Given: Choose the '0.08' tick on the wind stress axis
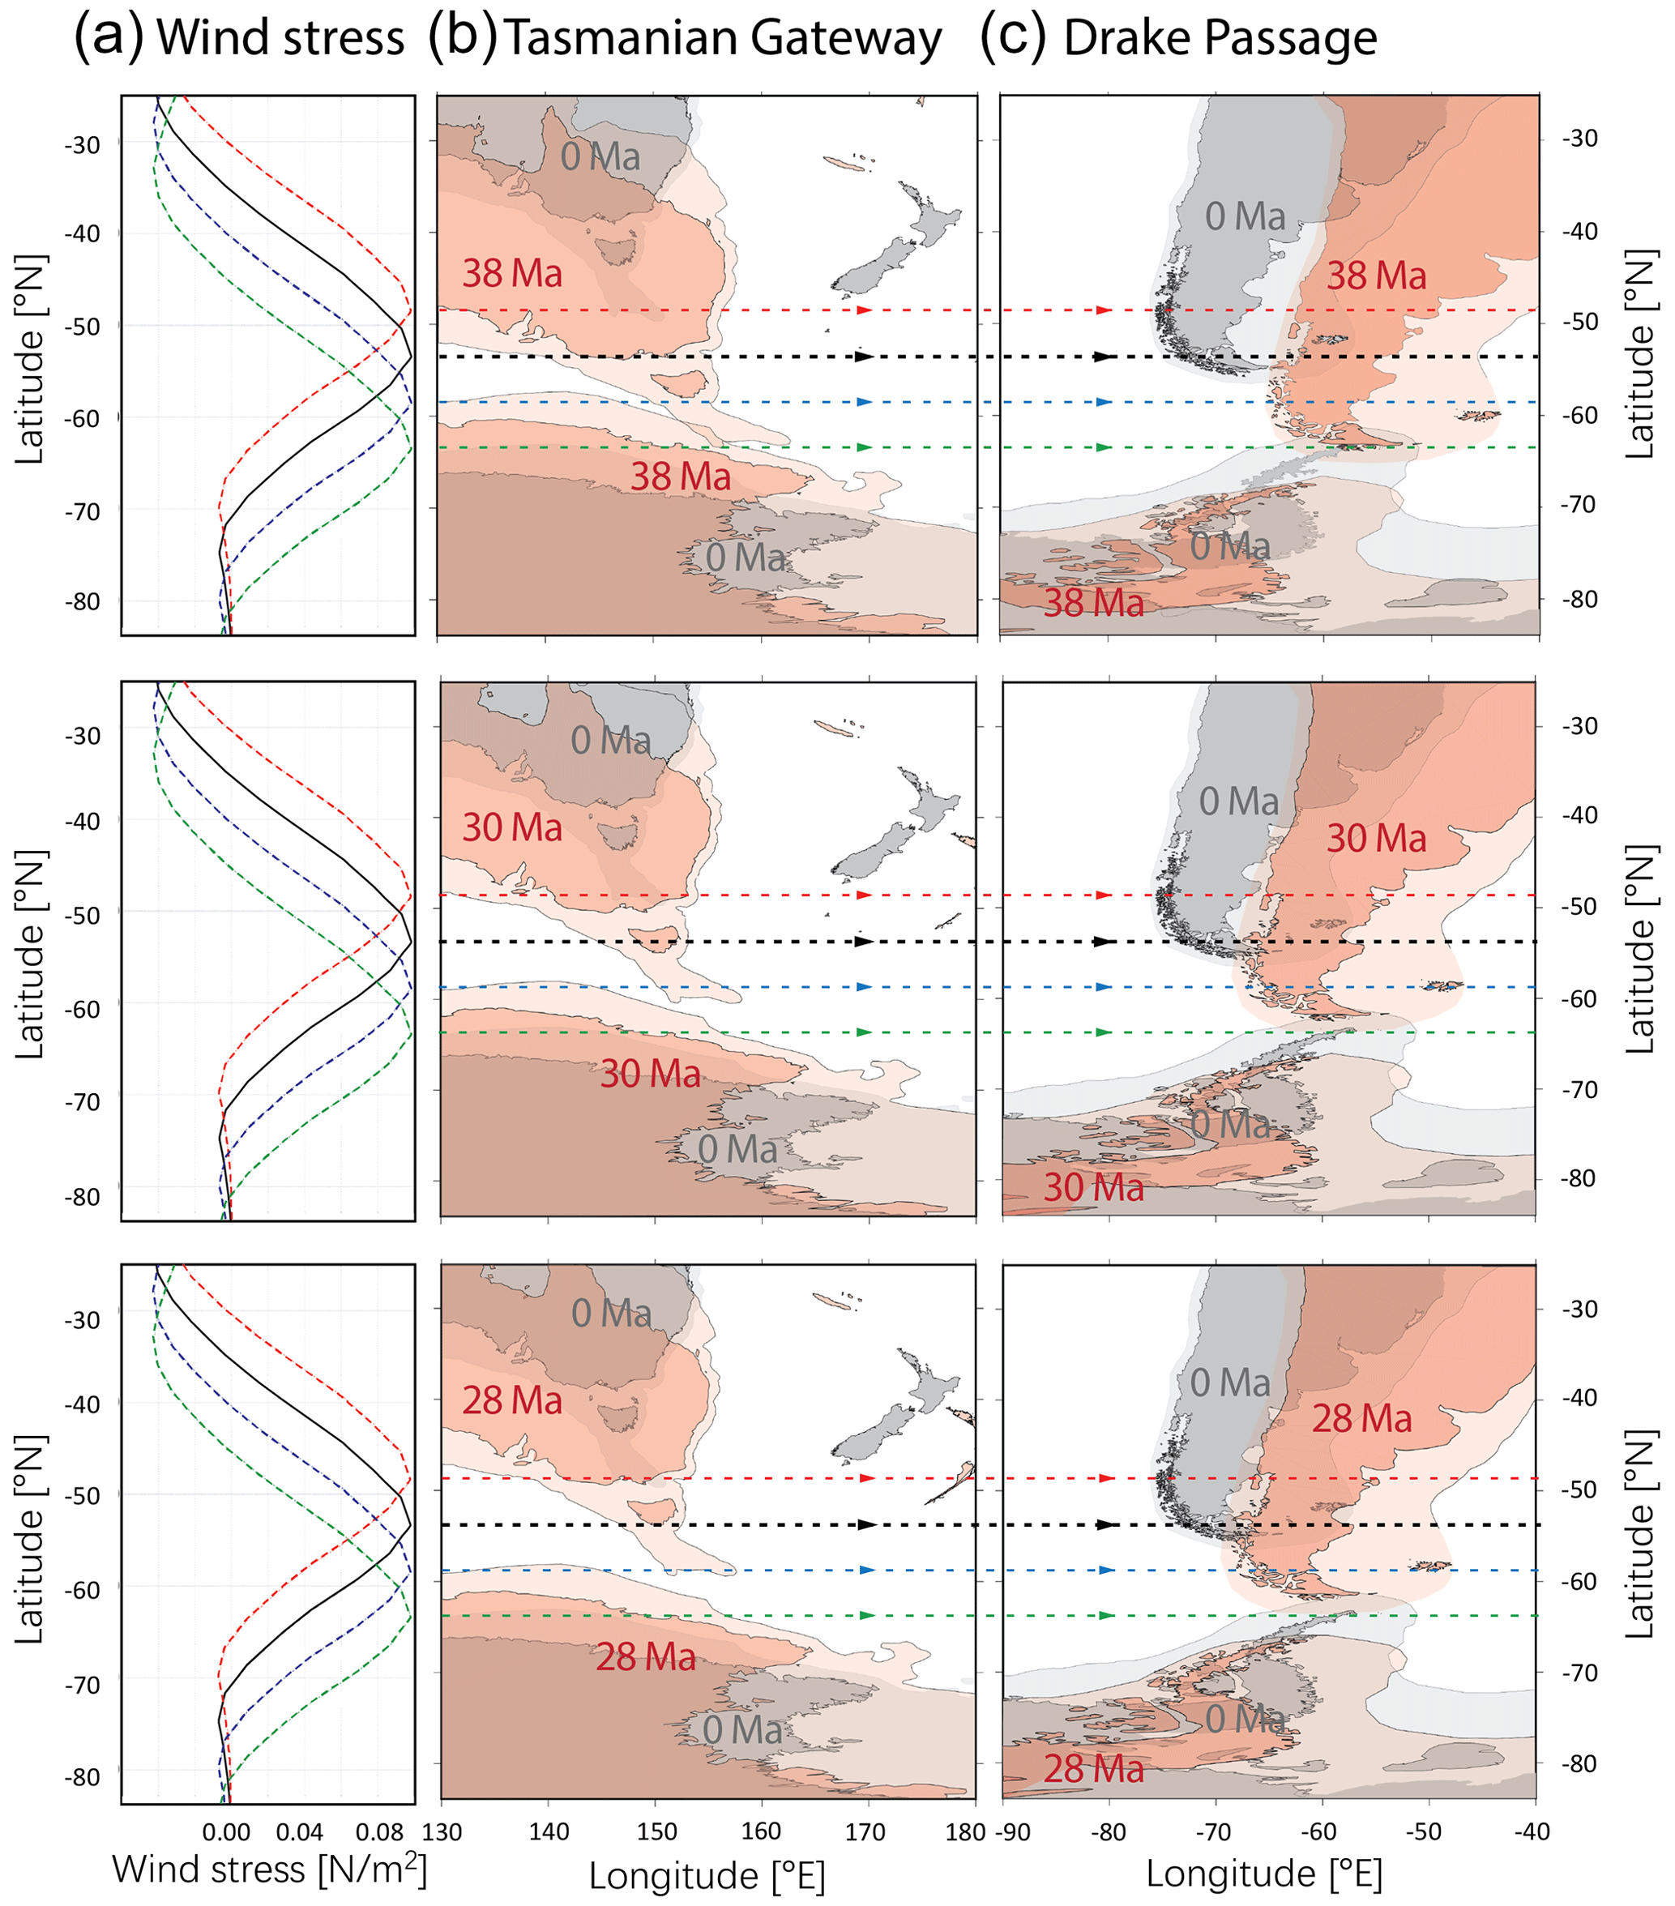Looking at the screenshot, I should [x=379, y=1832].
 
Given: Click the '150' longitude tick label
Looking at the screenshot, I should [x=656, y=1831].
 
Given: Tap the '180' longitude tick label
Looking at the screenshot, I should [x=964, y=1831].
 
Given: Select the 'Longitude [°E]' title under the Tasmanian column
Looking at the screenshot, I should [x=707, y=1876].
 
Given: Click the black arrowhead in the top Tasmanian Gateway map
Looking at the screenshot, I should [x=865, y=357].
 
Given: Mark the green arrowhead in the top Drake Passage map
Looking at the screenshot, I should [x=1105, y=447].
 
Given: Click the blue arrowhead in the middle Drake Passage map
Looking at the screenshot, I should [x=1105, y=986].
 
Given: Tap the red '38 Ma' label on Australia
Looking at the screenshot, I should [x=512, y=274].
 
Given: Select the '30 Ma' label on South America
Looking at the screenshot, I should [x=1376, y=838].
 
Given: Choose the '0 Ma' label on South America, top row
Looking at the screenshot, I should [x=1244, y=217].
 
